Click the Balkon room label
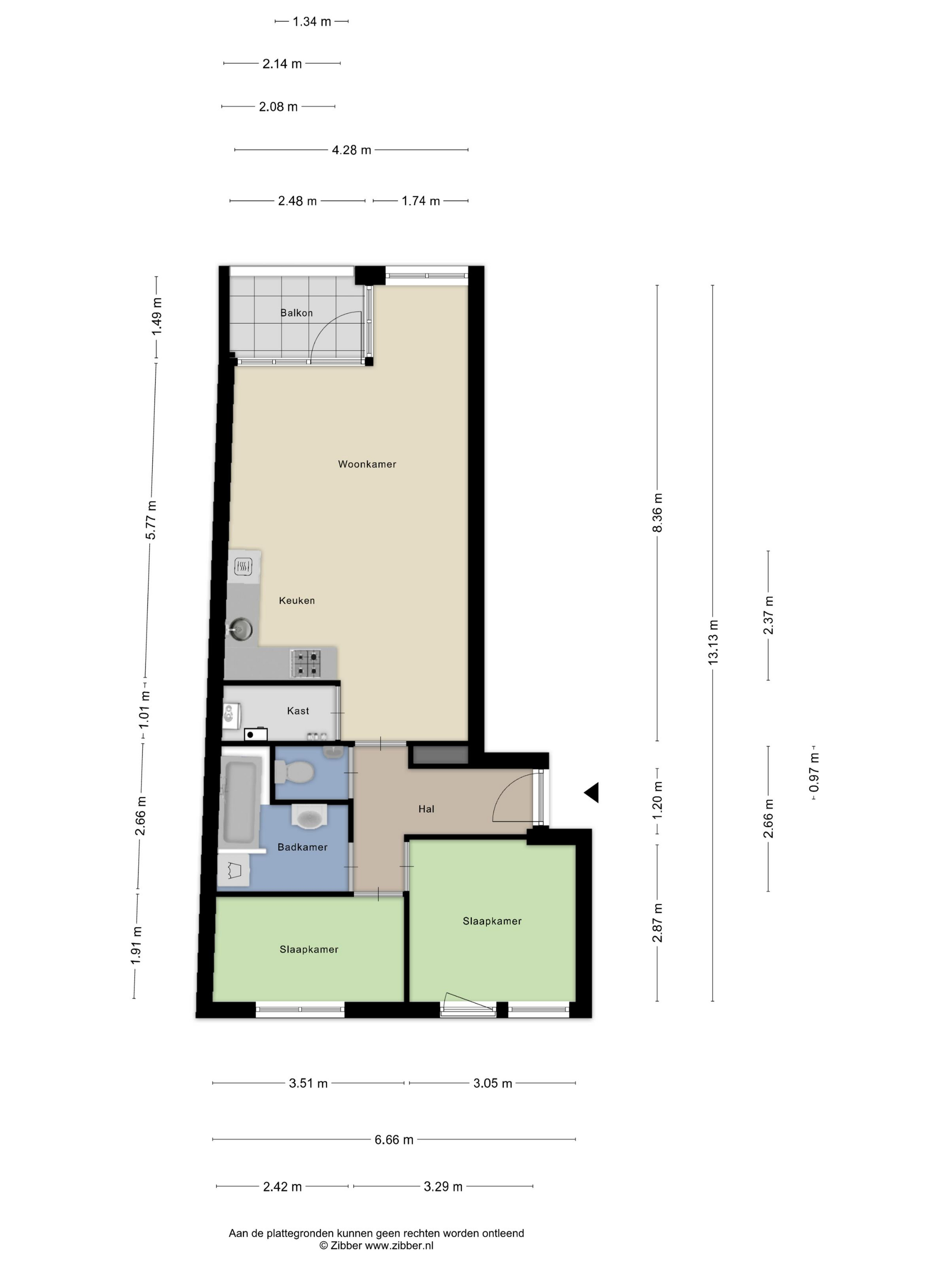pyautogui.click(x=296, y=313)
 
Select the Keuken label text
pyautogui.click(x=296, y=600)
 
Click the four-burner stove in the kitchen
pyautogui.click(x=305, y=663)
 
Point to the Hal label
pyautogui.click(x=426, y=809)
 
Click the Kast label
pyautogui.click(x=297, y=711)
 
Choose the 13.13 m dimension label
pyautogui.click(x=713, y=642)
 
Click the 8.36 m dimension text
pyautogui.click(x=657, y=512)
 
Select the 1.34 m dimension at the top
pyautogui.click(x=312, y=22)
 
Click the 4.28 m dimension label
pyautogui.click(x=351, y=150)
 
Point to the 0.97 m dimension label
pyautogui.click(x=814, y=773)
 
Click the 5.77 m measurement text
pyautogui.click(x=151, y=520)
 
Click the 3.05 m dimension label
pyautogui.click(x=493, y=1083)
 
